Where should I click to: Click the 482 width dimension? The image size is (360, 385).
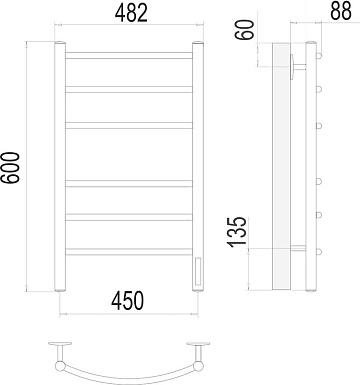pos(131,14)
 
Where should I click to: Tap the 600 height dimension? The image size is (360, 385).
pos(10,167)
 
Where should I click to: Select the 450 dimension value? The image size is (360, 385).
pos(128,300)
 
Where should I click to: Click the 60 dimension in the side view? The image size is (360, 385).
pos(245,30)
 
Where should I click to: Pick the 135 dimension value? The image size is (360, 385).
pos(237,232)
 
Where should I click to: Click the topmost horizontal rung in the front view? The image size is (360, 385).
pos(129,55)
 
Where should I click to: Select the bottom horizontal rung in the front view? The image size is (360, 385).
pos(129,252)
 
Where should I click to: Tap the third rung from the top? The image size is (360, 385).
pos(129,125)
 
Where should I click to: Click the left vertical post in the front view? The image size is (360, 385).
pos(60,167)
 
